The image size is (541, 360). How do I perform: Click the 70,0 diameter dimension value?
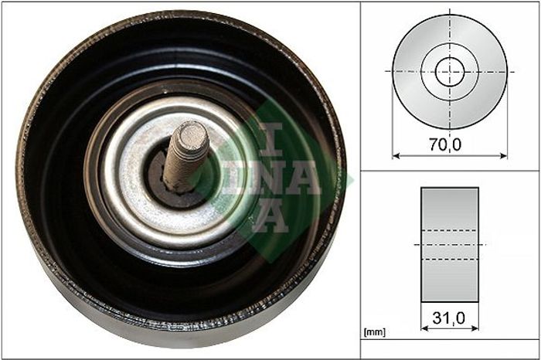445,144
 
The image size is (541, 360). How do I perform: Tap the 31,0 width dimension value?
448,318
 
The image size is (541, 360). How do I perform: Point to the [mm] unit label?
375,332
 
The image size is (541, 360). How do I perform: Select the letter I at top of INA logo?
271,139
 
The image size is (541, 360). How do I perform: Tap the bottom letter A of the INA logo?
271,216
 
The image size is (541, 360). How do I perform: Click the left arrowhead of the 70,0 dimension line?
396,156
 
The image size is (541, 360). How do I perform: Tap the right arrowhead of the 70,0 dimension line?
504,156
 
